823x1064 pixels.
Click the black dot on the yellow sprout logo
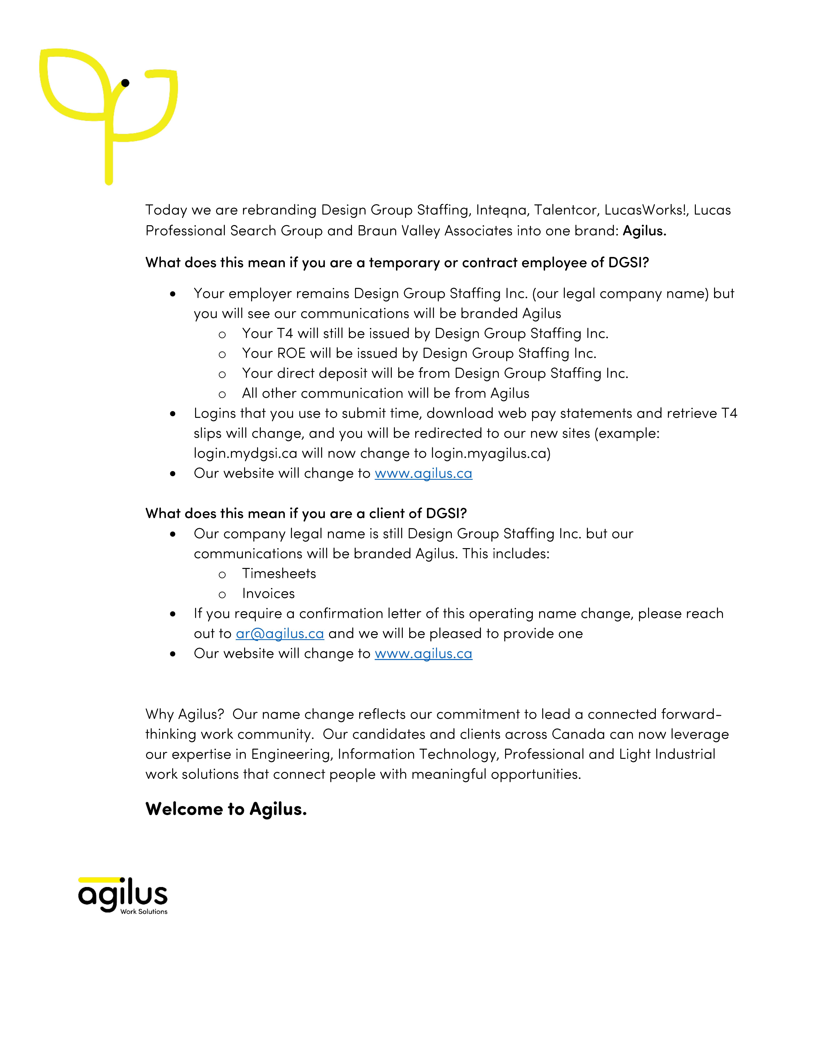click(x=125, y=83)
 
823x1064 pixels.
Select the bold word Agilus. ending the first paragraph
click(x=644, y=230)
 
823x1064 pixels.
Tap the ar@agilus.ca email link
click(x=280, y=633)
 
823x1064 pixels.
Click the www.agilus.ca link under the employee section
click(x=423, y=473)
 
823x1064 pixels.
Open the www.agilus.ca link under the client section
click(x=423, y=653)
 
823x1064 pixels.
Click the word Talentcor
click(x=567, y=210)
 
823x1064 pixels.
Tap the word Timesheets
click(x=279, y=573)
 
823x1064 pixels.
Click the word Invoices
click(x=269, y=593)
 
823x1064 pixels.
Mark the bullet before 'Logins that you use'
click(x=173, y=414)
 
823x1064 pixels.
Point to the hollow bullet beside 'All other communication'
click(x=222, y=394)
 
